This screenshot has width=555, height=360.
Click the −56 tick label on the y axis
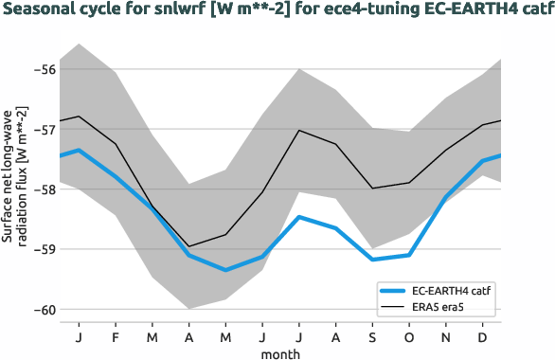[x=44, y=69]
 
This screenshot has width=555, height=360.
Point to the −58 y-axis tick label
[x=44, y=189]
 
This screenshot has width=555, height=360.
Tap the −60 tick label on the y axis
[x=44, y=310]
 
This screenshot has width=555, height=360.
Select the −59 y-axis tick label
[x=44, y=249]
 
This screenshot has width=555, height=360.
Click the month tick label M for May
[x=225, y=337]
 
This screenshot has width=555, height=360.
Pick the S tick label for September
[x=373, y=337]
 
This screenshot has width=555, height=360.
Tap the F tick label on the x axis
[x=116, y=337]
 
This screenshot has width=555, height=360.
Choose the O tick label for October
[x=410, y=337]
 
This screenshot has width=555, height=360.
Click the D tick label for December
[x=484, y=337]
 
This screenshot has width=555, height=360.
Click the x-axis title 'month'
[x=281, y=352]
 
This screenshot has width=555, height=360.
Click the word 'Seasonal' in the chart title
[x=40, y=12]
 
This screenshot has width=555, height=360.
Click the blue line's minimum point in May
[x=225, y=270]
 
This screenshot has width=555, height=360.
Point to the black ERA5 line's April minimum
[x=189, y=246]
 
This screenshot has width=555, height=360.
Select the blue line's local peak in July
[x=299, y=217]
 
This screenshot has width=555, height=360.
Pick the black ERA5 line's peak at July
[x=299, y=130]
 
